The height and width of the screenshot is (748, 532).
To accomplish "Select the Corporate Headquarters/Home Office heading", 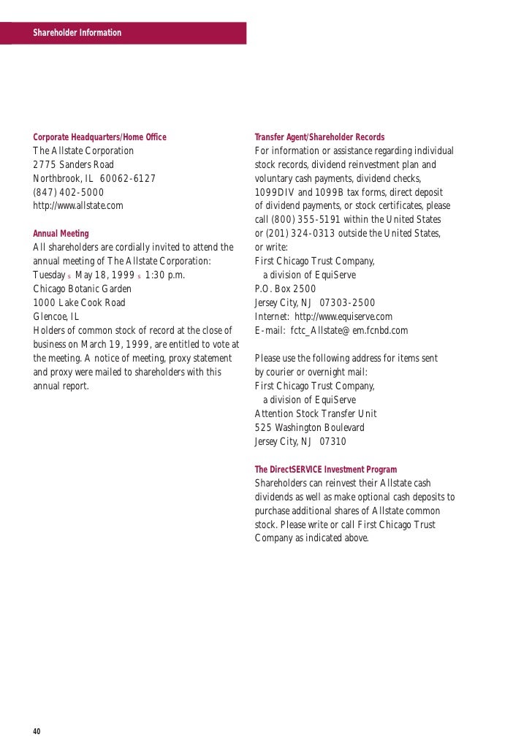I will pos(100,137).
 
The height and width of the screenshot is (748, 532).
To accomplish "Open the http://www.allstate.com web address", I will pos(78,206).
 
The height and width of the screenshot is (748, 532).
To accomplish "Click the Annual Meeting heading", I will pos(61,234).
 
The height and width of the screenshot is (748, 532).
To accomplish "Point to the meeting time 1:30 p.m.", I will pos(165,275).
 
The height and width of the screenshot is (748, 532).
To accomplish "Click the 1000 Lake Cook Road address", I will pos(80,302).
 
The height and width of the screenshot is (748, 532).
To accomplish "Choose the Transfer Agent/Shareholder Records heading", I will pos(319,137).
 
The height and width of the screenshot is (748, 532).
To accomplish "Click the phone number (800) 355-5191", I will pos(306,220).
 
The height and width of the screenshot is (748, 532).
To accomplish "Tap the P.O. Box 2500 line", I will pos(285,289).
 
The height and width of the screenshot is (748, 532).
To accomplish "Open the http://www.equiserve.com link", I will pos(343,316).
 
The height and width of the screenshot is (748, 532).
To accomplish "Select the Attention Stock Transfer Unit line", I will pos(316,413).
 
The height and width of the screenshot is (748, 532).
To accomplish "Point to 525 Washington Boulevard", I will pos(310,427).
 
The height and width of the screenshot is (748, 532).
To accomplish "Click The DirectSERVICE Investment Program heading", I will pos(326,470).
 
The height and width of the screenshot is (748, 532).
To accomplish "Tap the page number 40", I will pos(37,732).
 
